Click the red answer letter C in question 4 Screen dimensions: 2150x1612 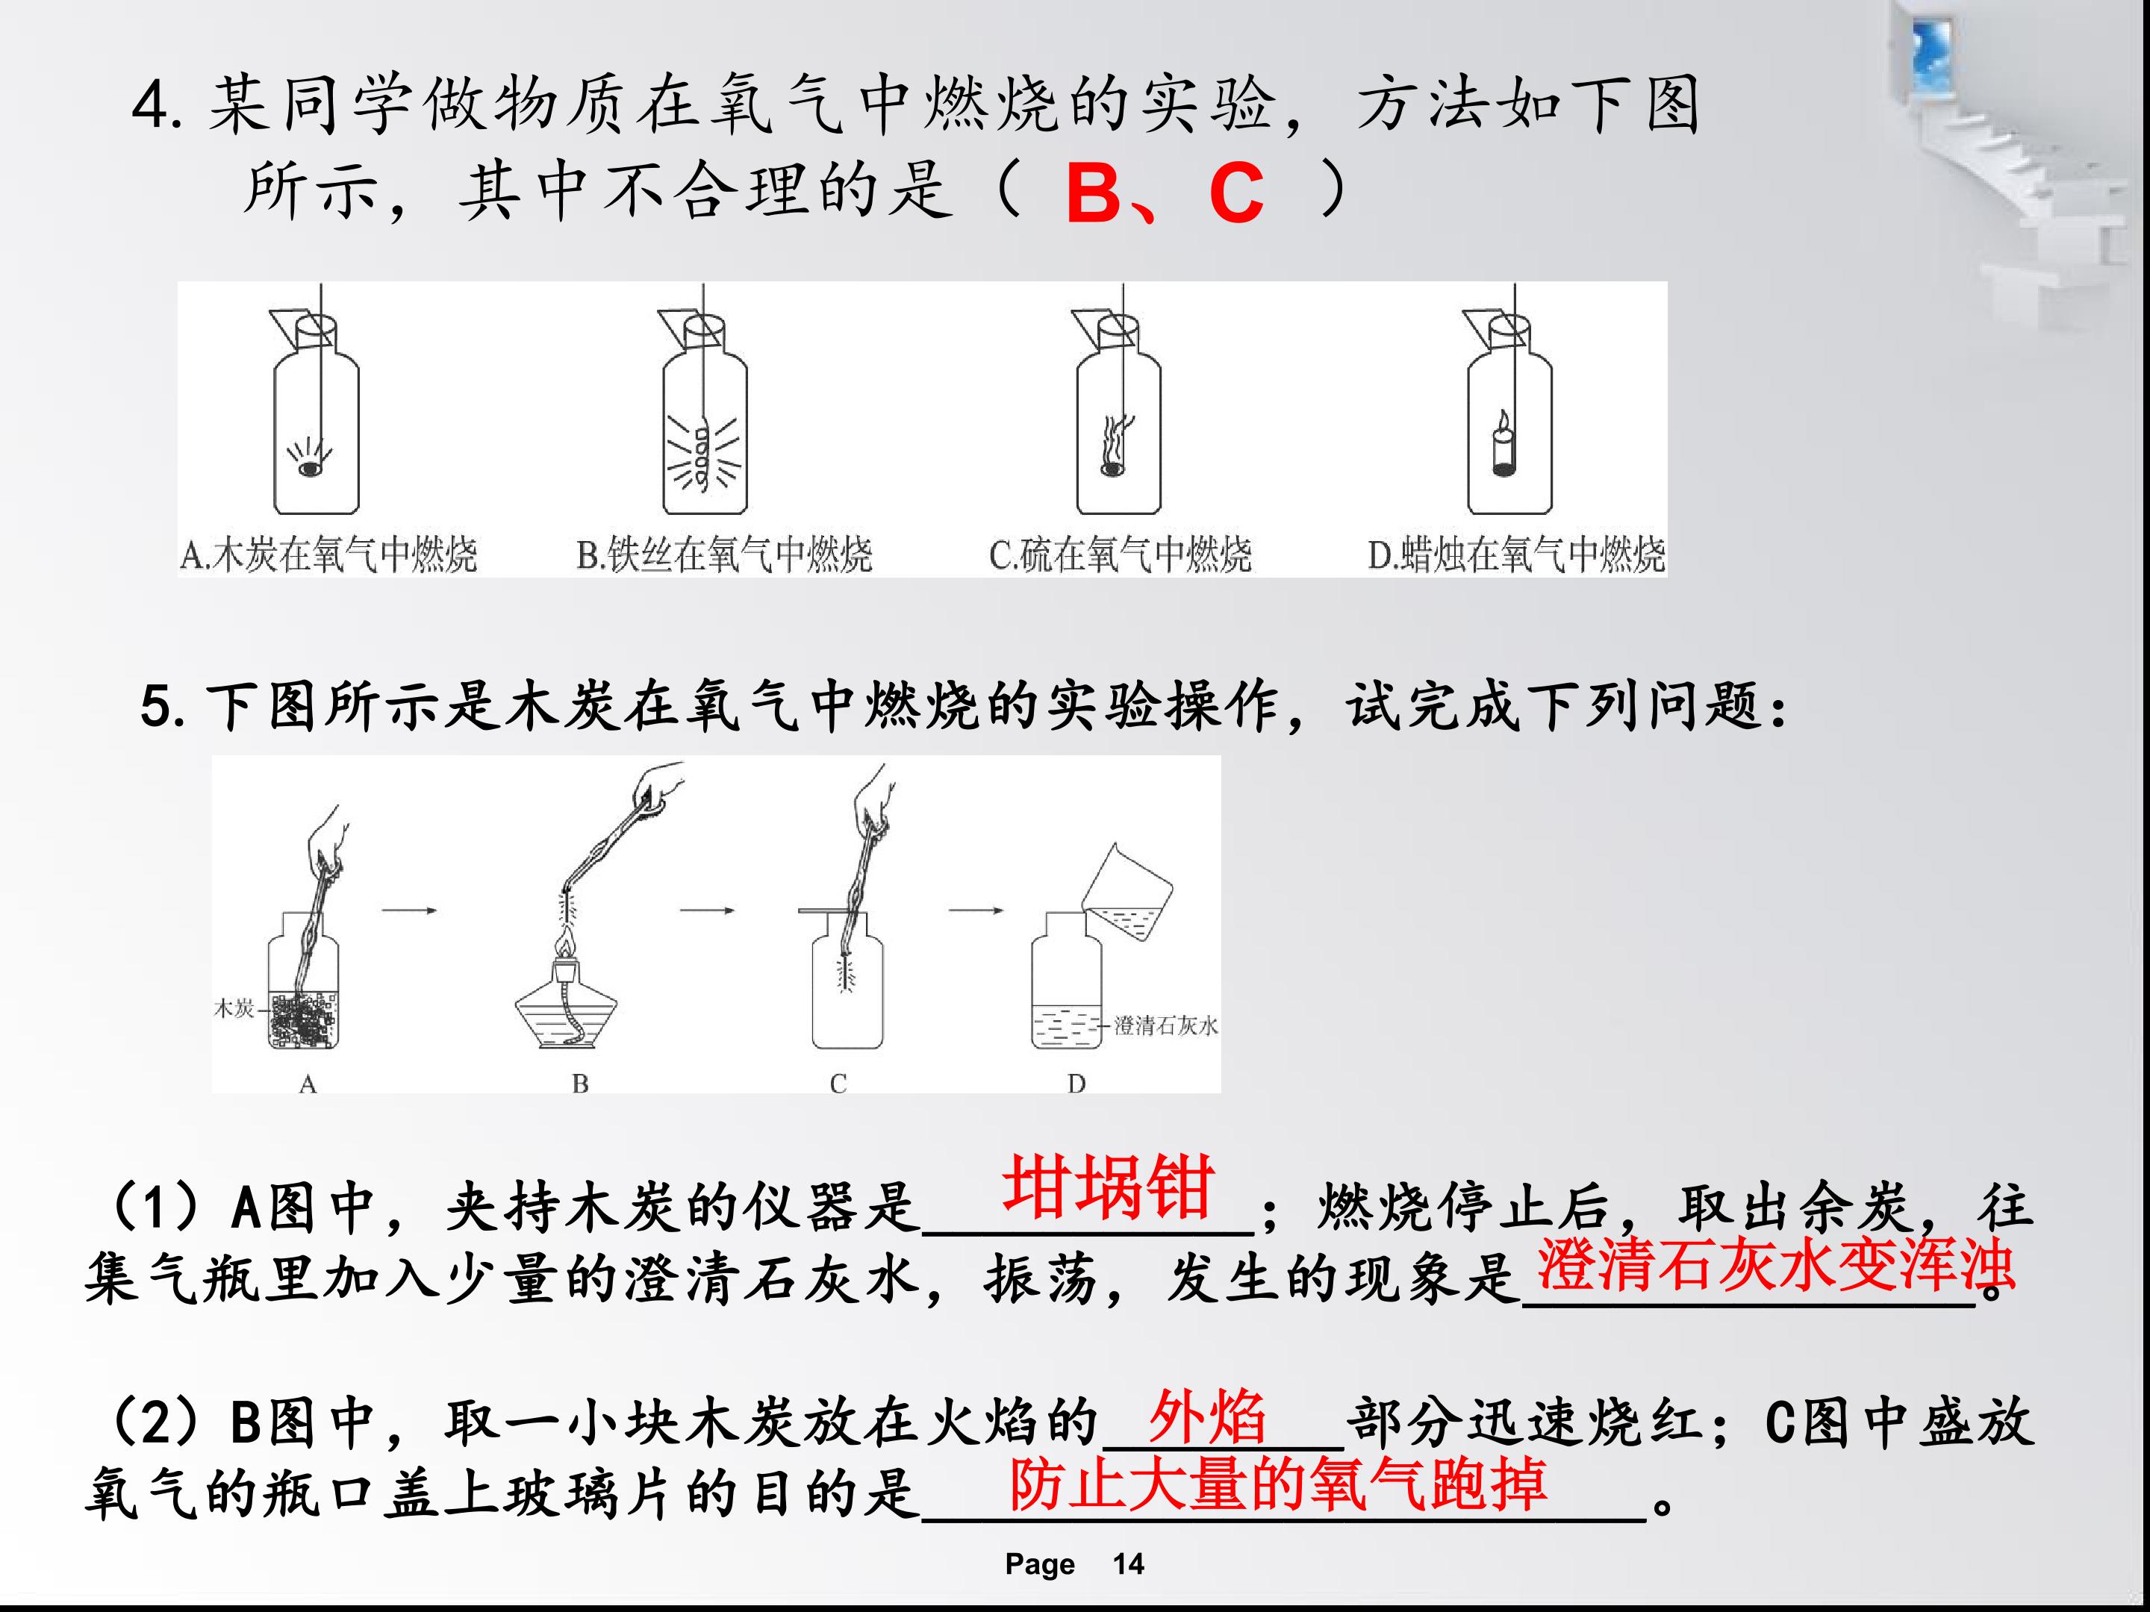pos(1236,193)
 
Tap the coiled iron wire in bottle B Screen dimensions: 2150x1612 pos(702,451)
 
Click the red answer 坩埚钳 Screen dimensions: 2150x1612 pos(1108,1187)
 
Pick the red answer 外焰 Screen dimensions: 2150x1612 pos(1207,1416)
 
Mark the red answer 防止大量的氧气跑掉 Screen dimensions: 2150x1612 pos(1277,1484)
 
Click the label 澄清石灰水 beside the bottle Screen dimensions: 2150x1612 pos(1165,1025)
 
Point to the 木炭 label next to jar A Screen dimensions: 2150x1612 pos(233,1008)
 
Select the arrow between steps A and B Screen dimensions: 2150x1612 pos(409,910)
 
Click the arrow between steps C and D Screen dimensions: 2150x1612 pos(976,910)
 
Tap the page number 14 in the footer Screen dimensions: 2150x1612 pos(1129,1564)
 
